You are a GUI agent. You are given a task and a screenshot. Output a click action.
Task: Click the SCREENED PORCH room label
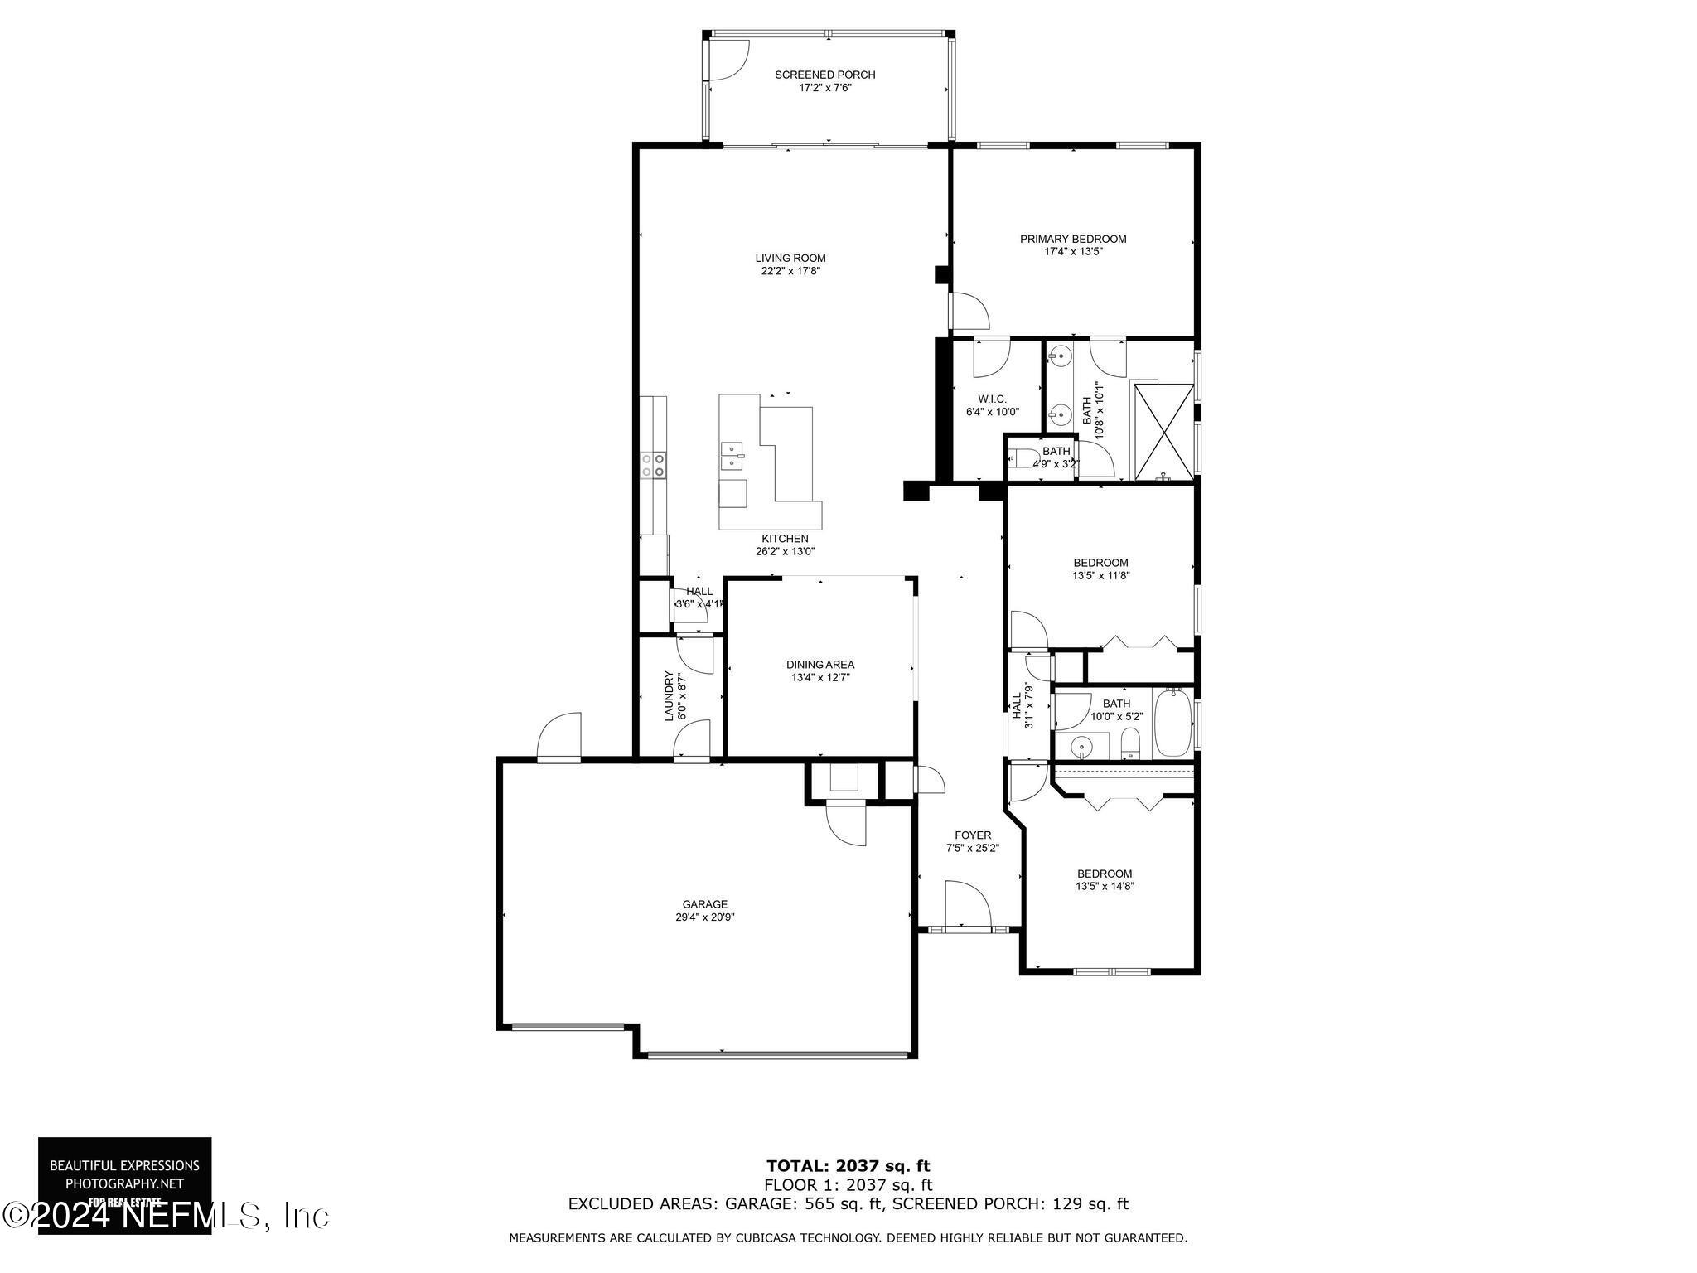pyautogui.click(x=824, y=75)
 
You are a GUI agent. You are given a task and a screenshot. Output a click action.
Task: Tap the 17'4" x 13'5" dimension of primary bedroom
pyautogui.click(x=1073, y=251)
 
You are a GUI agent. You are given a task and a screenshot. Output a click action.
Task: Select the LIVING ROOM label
pyautogui.click(x=790, y=258)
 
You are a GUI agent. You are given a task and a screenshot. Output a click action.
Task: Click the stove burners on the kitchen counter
pyautogui.click(x=653, y=464)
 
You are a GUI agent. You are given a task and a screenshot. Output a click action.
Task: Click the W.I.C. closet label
pyautogui.click(x=992, y=399)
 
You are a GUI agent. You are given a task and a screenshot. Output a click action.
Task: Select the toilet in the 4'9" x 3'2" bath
pyautogui.click(x=1019, y=458)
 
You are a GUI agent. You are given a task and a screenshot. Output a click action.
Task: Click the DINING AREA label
pyautogui.click(x=819, y=664)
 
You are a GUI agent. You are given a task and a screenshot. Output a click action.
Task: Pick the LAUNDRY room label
pyautogui.click(x=670, y=695)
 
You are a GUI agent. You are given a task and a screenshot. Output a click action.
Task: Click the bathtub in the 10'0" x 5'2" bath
pyautogui.click(x=1172, y=724)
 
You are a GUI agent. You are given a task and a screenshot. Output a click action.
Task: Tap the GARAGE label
pyautogui.click(x=705, y=904)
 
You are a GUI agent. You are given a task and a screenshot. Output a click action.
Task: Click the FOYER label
pyautogui.click(x=973, y=835)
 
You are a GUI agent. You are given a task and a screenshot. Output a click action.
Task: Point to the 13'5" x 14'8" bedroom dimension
pyautogui.click(x=1105, y=886)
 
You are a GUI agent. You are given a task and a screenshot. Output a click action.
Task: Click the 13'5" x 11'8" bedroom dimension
pyautogui.click(x=1100, y=574)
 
